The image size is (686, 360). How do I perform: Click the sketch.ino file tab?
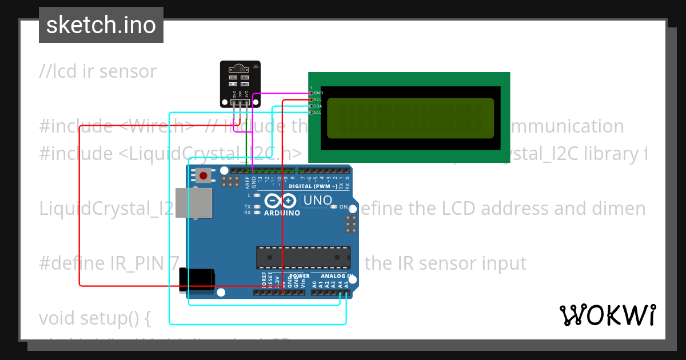pyautogui.click(x=101, y=25)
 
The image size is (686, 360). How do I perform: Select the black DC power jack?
pyautogui.click(x=197, y=280)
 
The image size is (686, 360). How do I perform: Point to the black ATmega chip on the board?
pyautogui.click(x=303, y=257)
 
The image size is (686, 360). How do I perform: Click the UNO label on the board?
pyautogui.click(x=317, y=201)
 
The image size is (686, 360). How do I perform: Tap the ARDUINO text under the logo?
pyautogui.click(x=282, y=213)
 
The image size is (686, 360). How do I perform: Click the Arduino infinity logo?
pyautogui.click(x=281, y=201)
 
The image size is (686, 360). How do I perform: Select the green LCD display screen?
pyautogui.click(x=410, y=118)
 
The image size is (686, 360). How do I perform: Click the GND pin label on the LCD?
pyautogui.click(x=318, y=93)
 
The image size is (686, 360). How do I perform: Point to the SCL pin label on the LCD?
pyautogui.click(x=318, y=113)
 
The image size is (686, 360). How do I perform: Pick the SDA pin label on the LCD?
pyautogui.click(x=318, y=106)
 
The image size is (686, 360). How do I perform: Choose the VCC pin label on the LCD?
pyautogui.click(x=318, y=99)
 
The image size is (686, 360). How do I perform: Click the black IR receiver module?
pyautogui.click(x=240, y=83)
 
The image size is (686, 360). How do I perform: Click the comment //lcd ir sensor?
pyautogui.click(x=98, y=71)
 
